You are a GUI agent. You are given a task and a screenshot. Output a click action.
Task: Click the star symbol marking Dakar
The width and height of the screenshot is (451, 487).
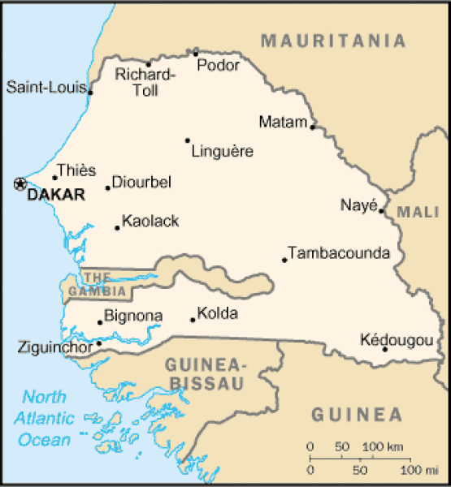20,184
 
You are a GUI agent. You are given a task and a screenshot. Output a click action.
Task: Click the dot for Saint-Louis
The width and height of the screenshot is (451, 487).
90,93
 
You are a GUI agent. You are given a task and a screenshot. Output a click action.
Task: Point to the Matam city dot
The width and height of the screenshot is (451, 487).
313,127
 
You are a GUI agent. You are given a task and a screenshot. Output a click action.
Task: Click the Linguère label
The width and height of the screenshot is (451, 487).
222,151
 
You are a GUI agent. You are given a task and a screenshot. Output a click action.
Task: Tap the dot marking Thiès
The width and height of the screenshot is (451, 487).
55,178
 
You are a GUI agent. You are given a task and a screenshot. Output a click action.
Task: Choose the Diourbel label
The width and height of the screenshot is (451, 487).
141,183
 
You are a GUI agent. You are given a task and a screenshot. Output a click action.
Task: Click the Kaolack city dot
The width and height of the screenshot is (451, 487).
117,227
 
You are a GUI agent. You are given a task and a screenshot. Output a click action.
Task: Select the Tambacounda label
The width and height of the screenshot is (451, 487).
339,253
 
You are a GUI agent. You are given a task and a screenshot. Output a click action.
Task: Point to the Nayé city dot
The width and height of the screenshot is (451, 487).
381,211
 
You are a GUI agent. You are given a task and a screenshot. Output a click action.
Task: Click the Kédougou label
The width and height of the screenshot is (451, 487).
396,340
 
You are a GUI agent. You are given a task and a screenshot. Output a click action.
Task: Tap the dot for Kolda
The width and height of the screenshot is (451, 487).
193,320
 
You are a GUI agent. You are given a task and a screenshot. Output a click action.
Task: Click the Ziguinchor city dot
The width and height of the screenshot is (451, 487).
99,343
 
